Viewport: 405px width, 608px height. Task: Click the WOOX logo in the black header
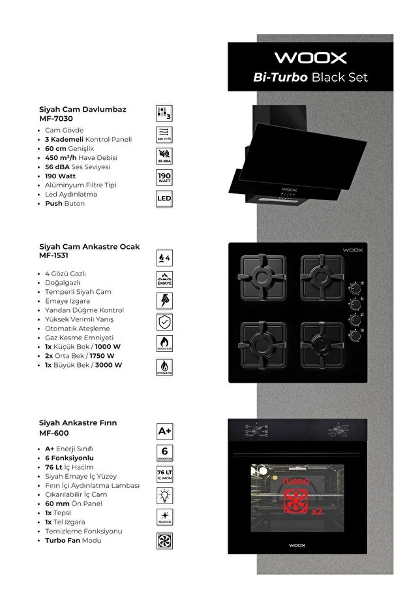click(310, 57)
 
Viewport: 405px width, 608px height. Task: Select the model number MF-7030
click(56, 119)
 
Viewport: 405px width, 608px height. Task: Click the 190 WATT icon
click(164, 178)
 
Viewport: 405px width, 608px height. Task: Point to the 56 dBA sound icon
click(164, 156)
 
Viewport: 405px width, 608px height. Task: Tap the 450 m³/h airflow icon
click(164, 135)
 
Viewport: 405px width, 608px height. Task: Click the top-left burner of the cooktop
click(263, 273)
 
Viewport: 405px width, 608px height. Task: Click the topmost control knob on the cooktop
click(355, 286)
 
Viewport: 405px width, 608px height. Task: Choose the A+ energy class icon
click(165, 431)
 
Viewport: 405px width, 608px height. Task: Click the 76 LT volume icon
click(165, 474)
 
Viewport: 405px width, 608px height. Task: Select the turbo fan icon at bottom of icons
click(165, 540)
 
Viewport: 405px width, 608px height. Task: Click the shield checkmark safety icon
click(165, 322)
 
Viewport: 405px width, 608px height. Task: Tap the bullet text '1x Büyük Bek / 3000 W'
click(83, 365)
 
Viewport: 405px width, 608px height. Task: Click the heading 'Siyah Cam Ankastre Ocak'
click(89, 247)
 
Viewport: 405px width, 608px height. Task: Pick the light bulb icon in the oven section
click(165, 496)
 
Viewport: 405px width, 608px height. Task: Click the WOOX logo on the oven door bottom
click(297, 545)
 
